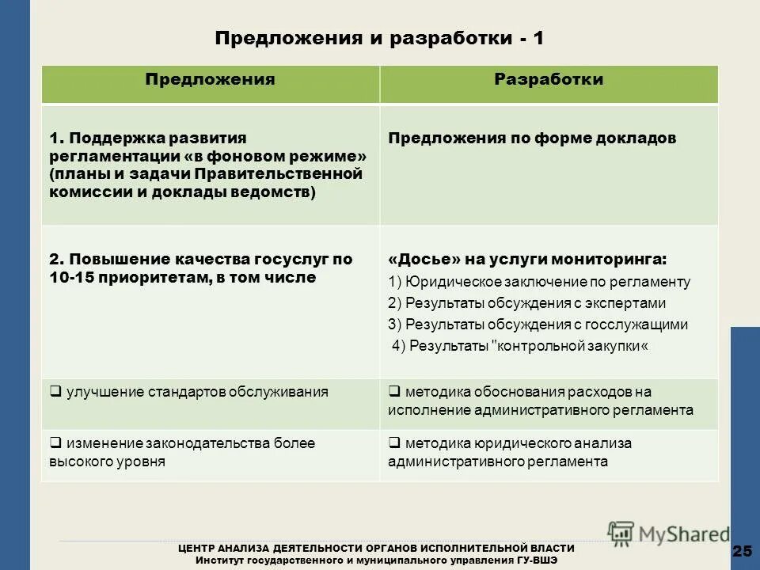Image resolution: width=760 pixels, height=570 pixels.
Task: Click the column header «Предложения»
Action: tap(210, 80)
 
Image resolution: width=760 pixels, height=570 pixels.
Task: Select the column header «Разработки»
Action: tap(549, 80)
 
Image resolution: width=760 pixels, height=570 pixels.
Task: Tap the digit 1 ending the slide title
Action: tap(538, 39)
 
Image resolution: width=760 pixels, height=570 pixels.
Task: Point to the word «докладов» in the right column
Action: tap(639, 139)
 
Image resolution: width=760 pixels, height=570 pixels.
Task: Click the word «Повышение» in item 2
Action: tap(107, 260)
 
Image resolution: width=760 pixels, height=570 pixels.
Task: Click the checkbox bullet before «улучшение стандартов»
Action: tap(55, 391)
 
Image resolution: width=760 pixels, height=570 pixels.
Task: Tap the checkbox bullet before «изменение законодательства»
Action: tap(55, 443)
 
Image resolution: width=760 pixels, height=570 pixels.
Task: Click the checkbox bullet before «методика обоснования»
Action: tap(393, 391)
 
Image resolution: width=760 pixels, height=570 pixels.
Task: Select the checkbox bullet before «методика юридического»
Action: tap(393, 443)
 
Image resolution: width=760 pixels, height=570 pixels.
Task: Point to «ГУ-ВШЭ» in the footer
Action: tap(538, 560)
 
